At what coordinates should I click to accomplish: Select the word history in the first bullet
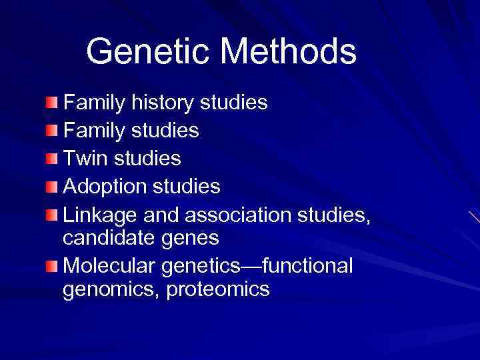[161, 103]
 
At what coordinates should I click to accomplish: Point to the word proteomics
[219, 289]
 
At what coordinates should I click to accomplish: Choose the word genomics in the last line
[109, 289]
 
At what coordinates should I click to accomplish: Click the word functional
[307, 265]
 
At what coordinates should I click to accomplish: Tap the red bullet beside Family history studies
[52, 103]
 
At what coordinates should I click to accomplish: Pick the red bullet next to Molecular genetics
[52, 265]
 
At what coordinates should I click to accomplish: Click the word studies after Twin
[147, 159]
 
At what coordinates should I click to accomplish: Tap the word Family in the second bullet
[93, 131]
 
